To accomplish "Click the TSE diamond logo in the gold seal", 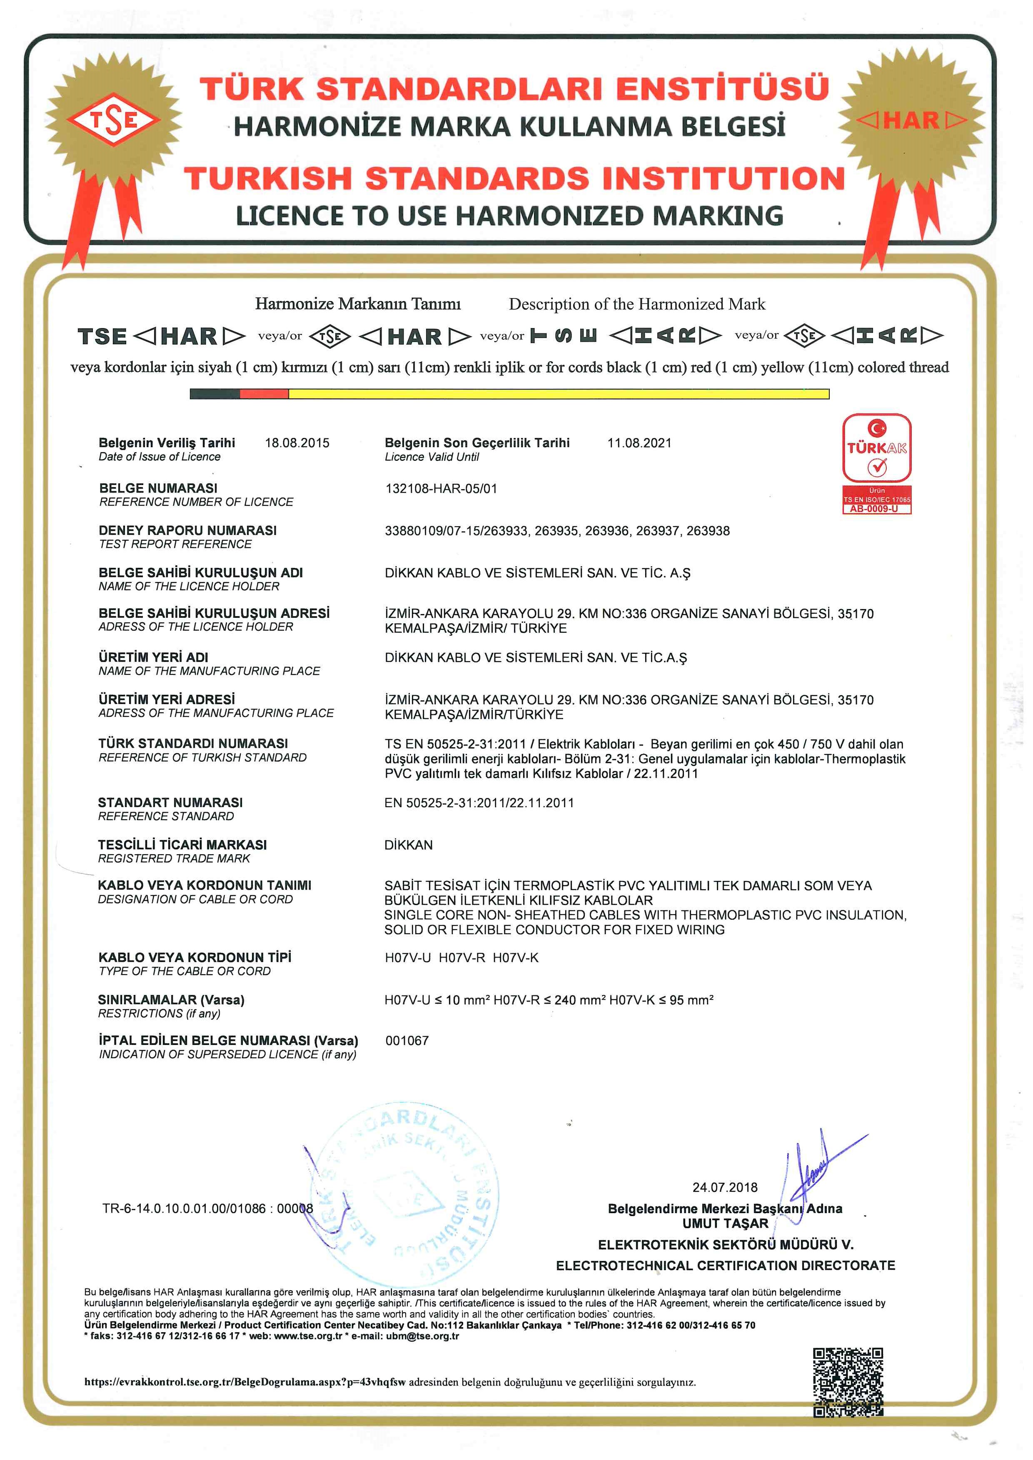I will (x=114, y=119).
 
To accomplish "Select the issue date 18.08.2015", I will (x=297, y=443).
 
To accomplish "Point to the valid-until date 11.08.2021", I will (x=639, y=443).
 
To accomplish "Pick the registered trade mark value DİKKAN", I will (x=408, y=845).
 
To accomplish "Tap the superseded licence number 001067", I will (x=407, y=1041).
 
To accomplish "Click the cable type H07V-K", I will (x=516, y=958).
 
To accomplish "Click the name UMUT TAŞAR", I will (x=725, y=1224).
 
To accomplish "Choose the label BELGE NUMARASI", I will (x=158, y=488).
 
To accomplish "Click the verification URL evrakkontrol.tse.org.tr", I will (x=245, y=1382).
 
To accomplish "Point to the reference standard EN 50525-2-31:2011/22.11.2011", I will (x=479, y=803).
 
